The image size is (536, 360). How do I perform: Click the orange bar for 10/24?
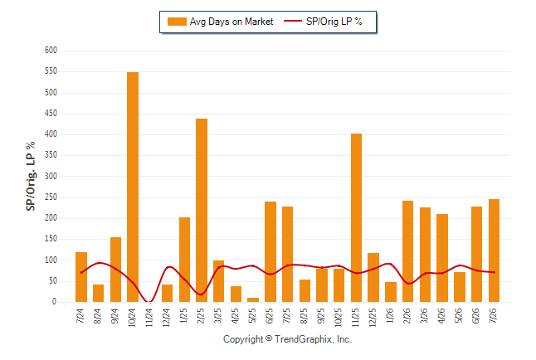[133, 187]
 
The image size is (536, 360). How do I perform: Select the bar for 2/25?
[202, 210]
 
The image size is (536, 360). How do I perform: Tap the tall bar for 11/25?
[356, 218]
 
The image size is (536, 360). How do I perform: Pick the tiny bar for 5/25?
[253, 299]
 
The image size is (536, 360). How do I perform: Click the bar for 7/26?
[494, 251]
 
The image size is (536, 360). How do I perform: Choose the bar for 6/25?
[270, 251]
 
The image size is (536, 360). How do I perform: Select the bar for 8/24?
[98, 294]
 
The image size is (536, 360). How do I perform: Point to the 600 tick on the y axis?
[51, 51]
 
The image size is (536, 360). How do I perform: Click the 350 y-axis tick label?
[51, 155]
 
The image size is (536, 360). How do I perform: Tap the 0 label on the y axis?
[54, 302]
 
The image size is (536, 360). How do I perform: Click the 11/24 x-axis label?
[149, 318]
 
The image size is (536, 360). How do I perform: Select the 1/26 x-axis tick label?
[390, 315]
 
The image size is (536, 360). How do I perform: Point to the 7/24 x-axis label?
[80, 315]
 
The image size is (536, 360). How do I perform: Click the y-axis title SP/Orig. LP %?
[31, 176]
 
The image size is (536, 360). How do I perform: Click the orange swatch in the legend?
[177, 22]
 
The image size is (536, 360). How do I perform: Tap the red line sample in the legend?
[293, 21]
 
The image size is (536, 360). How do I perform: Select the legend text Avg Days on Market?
[231, 22]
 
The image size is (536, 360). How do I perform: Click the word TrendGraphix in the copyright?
[304, 339]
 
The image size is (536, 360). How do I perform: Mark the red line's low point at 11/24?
[149, 302]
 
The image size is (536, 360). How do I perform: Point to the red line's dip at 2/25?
[201, 294]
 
